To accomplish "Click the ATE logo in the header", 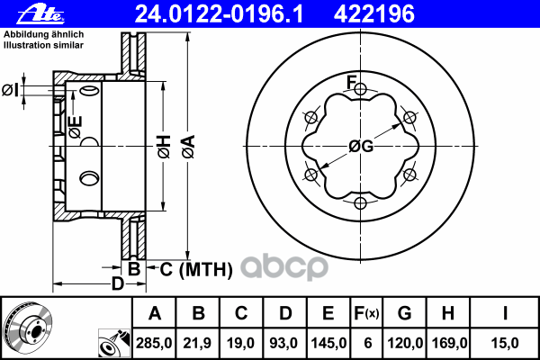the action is click(41, 15).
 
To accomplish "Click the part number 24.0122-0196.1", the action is click(219, 14).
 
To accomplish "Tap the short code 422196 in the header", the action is click(374, 14).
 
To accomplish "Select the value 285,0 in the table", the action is click(154, 343).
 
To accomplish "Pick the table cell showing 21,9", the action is click(197, 343).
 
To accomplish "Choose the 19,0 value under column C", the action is click(240, 343).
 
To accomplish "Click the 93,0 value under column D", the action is click(284, 343).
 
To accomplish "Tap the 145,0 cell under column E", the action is click(328, 343).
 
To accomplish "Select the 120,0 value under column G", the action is click(405, 343).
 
